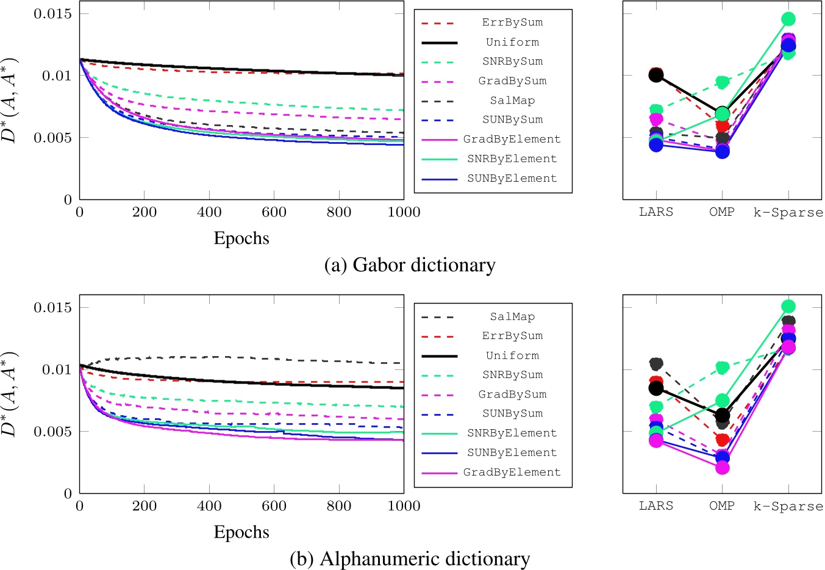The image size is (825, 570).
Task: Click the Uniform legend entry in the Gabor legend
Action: (x=512, y=42)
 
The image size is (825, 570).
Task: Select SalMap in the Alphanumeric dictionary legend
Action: (x=512, y=316)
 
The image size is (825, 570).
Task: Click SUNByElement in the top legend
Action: (x=512, y=179)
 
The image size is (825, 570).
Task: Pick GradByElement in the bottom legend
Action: (x=512, y=472)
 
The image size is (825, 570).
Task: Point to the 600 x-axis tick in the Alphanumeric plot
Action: (x=274, y=506)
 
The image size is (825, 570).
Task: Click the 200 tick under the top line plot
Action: (x=145, y=212)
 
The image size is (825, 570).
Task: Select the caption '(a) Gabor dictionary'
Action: (x=410, y=265)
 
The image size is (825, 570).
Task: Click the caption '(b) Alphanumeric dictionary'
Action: (x=410, y=559)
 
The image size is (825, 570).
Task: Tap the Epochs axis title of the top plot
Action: (x=241, y=238)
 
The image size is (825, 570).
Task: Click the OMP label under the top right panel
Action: (x=722, y=212)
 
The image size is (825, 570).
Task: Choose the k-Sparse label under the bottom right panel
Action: (x=788, y=506)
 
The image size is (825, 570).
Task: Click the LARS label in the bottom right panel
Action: (x=656, y=506)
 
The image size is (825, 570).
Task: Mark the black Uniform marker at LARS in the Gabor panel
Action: (x=656, y=75)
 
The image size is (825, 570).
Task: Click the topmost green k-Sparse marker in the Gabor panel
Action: (x=788, y=19)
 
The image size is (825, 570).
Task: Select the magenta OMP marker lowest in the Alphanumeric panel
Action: (x=723, y=468)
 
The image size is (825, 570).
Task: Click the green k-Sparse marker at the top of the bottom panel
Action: (x=788, y=306)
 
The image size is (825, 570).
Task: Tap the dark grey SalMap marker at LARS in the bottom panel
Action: (x=656, y=364)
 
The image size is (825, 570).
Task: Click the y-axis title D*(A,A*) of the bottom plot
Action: (x=10, y=394)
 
